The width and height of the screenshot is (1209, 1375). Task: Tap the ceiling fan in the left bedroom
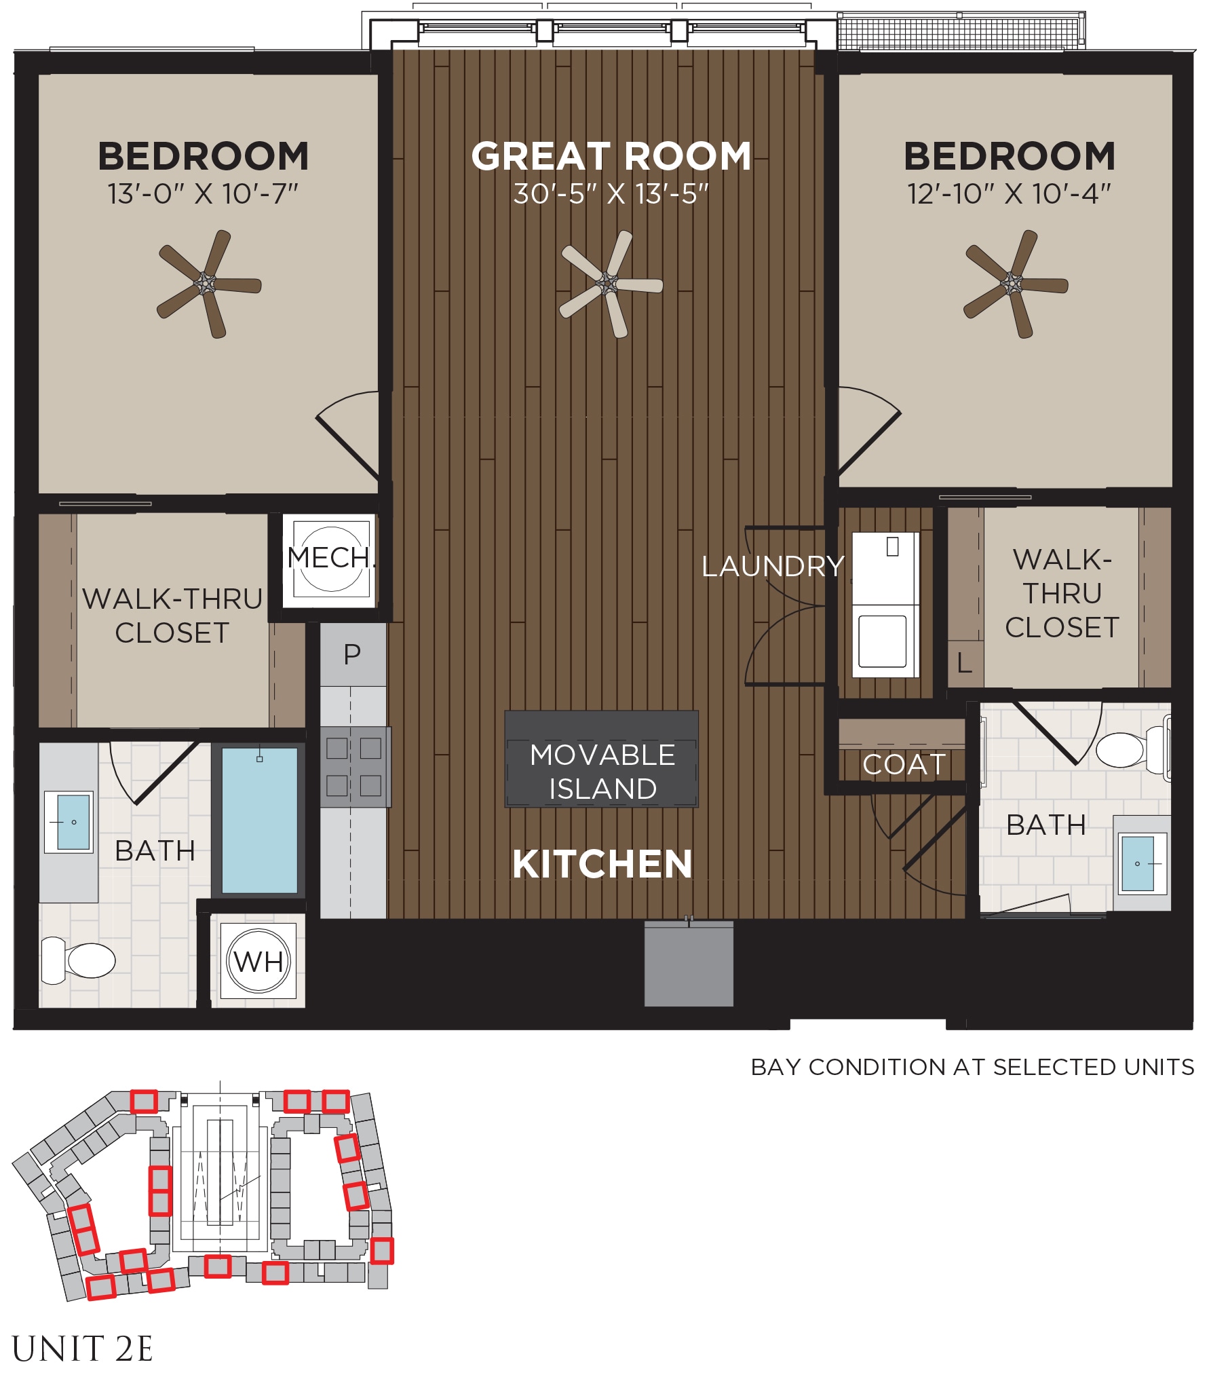click(206, 284)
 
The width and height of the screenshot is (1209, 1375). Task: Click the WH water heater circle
click(258, 961)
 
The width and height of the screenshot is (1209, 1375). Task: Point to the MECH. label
click(330, 558)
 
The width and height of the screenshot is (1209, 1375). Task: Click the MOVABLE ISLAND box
click(601, 759)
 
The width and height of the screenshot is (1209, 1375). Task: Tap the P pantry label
click(352, 654)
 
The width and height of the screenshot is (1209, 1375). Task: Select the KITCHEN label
click(602, 864)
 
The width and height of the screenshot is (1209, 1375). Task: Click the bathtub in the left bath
click(259, 820)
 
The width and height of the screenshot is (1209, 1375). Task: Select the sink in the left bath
click(69, 822)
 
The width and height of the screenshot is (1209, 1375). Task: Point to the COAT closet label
click(904, 765)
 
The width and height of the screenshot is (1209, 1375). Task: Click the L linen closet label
click(964, 662)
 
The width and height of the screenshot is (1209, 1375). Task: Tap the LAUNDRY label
click(773, 566)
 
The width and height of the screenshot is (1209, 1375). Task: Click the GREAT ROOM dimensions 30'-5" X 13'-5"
click(611, 194)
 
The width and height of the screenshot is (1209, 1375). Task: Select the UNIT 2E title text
click(82, 1349)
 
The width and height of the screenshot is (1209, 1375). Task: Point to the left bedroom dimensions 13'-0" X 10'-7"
click(203, 194)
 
